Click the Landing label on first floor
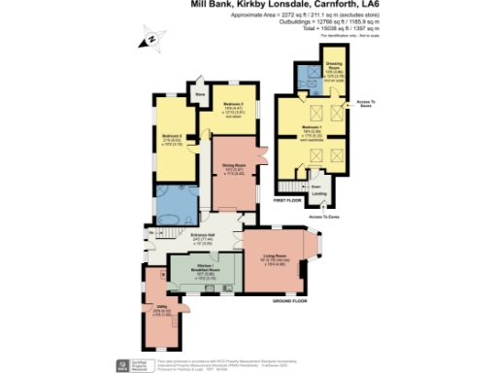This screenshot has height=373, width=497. pos(318,193)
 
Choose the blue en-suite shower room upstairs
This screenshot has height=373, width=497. pos(312,75)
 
